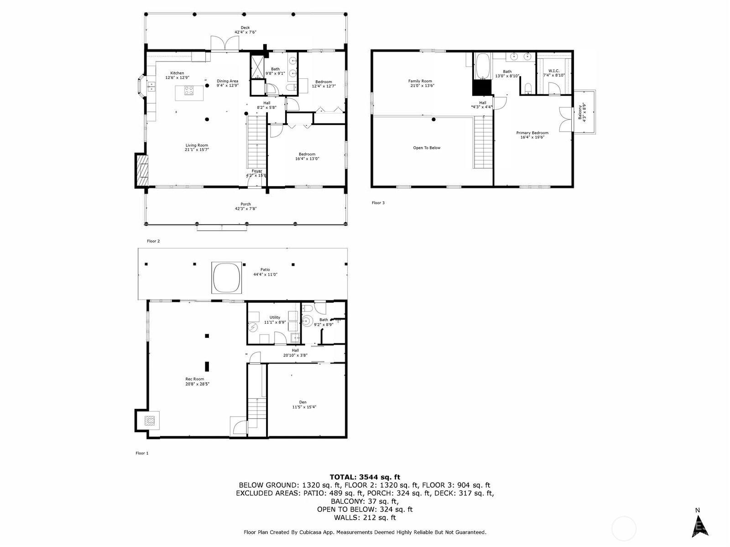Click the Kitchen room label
coord(177,75)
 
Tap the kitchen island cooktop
coord(188,91)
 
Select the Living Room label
coord(197,147)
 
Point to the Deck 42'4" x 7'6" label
coord(245,30)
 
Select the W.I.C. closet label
coord(554,73)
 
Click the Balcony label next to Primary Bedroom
coord(582,112)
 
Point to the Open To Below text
coord(427,148)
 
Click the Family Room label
coord(420,83)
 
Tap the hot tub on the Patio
coord(226,278)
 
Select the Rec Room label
coord(194,381)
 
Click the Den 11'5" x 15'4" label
coord(304,404)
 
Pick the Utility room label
coord(275,320)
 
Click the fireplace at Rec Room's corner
coord(148,420)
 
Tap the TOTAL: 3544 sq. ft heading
coord(365,477)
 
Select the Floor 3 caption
coord(378,203)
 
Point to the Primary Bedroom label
coord(532,135)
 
